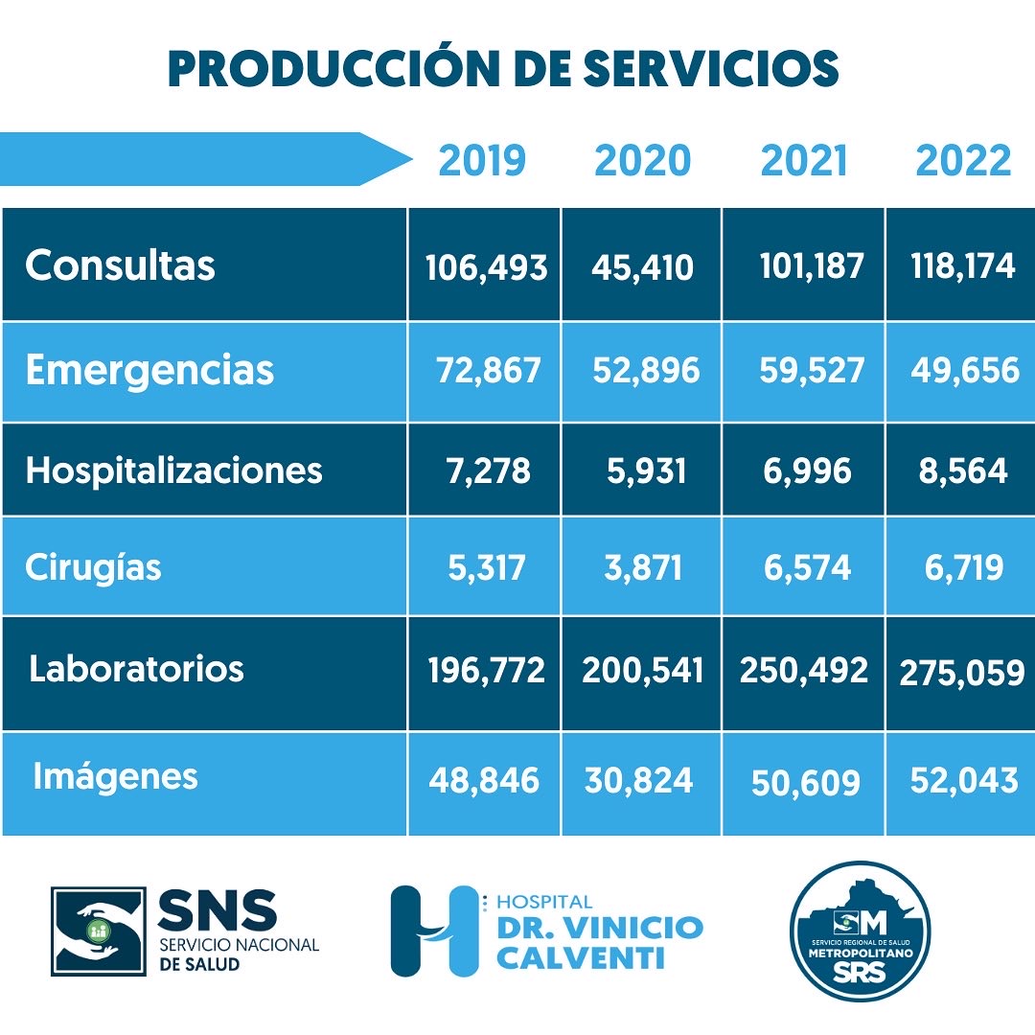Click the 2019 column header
point(482,160)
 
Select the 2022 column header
point(963,160)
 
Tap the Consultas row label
point(120,264)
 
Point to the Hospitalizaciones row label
point(173,470)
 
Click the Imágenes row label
point(115,775)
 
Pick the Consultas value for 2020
point(642,266)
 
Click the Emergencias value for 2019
point(489,370)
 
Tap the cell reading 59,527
point(812,370)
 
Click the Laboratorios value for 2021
point(803,670)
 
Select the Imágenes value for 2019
point(484,780)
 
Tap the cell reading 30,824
point(638,780)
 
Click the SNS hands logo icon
point(98,931)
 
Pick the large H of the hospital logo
point(432,931)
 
